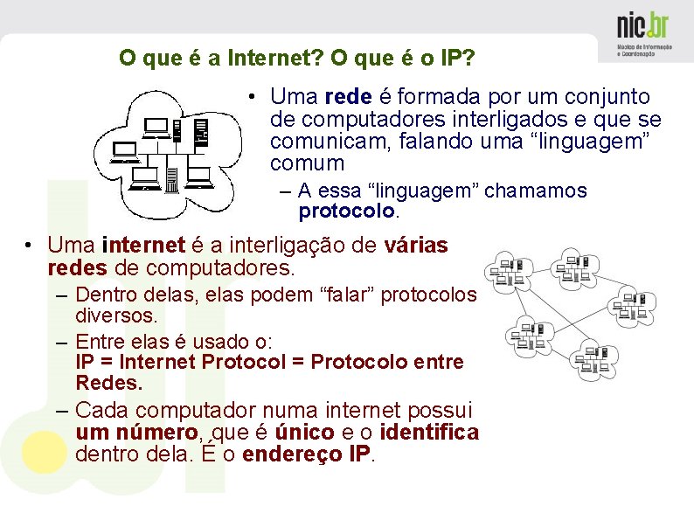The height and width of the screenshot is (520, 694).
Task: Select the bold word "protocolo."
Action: tap(348, 211)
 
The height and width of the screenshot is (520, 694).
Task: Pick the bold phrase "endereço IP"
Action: tap(308, 454)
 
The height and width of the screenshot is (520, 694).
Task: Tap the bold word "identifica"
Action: tap(430, 433)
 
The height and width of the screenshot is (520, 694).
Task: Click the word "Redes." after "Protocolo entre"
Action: tap(108, 383)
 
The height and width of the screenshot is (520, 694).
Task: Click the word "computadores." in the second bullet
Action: tap(238, 267)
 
